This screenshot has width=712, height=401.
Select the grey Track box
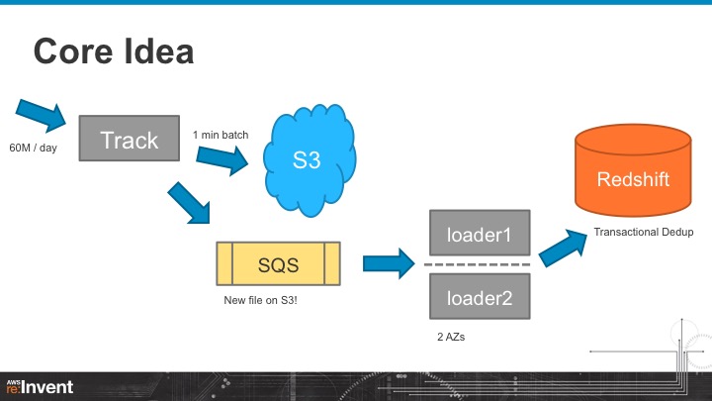tap(129, 140)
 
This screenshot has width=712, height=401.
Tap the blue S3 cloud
tap(307, 159)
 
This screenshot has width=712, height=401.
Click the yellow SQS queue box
tap(278, 264)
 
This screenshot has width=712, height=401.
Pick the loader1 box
tap(480, 235)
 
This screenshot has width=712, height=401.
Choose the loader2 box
tap(480, 295)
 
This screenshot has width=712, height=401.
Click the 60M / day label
tap(34, 148)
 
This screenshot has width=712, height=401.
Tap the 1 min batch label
tap(221, 134)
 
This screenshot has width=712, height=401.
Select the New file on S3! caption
tap(261, 298)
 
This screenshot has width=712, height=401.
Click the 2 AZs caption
tap(453, 338)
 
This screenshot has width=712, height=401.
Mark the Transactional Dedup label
tap(643, 233)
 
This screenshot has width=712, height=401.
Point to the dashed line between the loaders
tap(480, 264)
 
